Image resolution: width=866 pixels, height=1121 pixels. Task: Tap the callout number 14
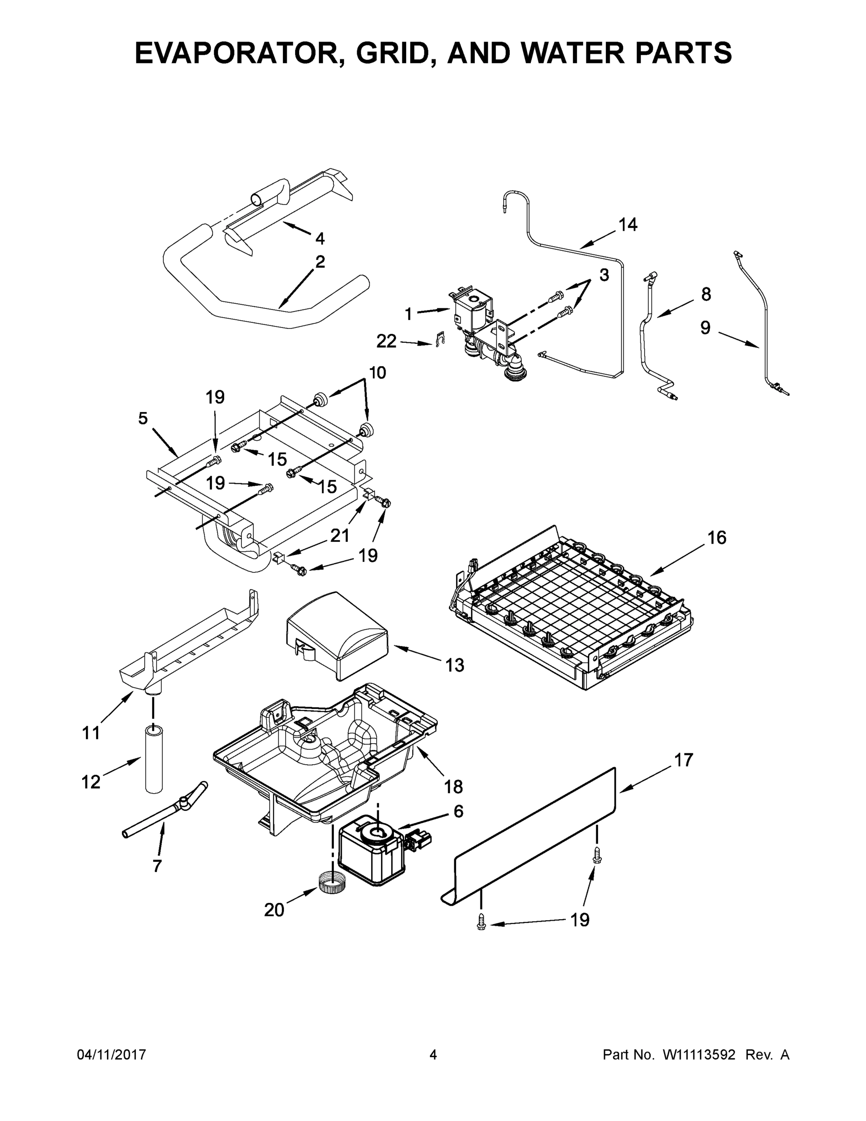coord(627,224)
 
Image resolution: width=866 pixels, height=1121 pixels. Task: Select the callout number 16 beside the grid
coord(717,538)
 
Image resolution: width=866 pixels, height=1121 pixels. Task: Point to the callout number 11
coord(92,733)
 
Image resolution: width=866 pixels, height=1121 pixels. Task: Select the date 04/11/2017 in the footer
coord(111,1054)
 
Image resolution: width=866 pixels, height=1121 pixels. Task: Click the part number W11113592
coord(699,1054)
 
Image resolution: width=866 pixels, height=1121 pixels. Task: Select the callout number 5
coord(143,419)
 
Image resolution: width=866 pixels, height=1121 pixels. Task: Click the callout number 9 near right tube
coord(705,327)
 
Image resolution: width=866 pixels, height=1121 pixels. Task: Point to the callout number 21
coord(339,535)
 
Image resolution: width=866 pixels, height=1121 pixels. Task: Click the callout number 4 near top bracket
coord(320,238)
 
